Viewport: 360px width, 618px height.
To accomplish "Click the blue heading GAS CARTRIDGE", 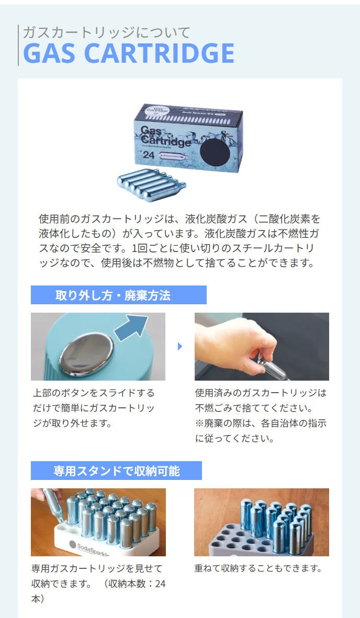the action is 129,53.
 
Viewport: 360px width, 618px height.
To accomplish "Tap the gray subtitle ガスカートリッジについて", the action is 106,32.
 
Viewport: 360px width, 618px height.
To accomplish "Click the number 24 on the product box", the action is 149,155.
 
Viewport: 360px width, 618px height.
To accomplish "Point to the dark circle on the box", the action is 215,153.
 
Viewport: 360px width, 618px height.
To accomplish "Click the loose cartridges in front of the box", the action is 151,185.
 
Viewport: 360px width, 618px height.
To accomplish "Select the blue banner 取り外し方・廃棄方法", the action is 119,295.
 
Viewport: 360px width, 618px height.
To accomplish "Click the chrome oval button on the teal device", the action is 87,354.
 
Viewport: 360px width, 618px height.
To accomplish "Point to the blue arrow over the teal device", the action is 131,328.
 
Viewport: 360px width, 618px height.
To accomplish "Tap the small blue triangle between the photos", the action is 180,347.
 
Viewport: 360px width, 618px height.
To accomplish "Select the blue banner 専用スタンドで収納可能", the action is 116,471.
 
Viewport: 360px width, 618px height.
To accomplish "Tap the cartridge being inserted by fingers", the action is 53,506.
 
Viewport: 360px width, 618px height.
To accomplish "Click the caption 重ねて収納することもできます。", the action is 258,568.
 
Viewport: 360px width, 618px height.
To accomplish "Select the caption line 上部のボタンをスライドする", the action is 94,393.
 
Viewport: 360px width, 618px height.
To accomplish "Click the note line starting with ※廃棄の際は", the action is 261,424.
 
